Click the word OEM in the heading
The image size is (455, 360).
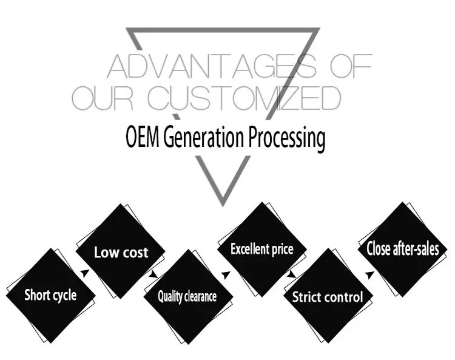pos(143,137)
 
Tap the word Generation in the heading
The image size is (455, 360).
pos(204,137)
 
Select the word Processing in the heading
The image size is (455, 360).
pos(286,138)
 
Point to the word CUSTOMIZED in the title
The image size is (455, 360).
pos(244,98)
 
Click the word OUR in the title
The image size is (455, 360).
pos(103,98)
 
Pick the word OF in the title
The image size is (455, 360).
pos(351,66)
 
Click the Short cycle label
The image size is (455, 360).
pos(50,295)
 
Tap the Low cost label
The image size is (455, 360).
pos(121,252)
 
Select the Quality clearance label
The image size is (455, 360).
pos(187,297)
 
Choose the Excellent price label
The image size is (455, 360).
pos(262,249)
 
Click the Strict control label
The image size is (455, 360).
pos(328,297)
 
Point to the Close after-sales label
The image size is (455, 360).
pos(403,249)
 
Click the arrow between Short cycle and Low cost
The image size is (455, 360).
pos(85,273)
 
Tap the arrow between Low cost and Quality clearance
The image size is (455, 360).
pos(153,274)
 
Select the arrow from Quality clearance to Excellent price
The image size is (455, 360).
pos(226,274)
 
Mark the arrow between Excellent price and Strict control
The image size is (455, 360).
pos(291,274)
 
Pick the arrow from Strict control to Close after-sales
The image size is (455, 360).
pos(369,274)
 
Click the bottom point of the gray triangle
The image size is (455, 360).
pos(223,206)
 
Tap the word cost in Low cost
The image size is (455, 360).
pos(135,253)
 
